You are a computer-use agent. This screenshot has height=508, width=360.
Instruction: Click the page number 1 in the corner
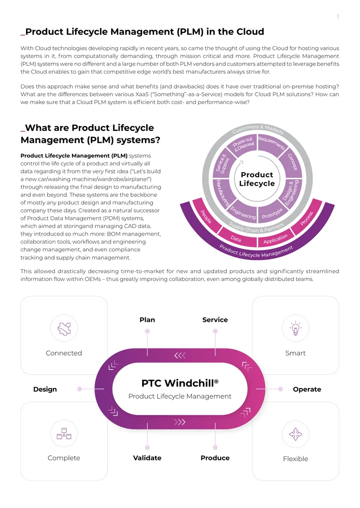pos(338,17)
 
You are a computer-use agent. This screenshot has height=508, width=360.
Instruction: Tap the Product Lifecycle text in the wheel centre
pos(257,179)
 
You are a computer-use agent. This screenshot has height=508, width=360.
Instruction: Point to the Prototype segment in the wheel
pos(272,213)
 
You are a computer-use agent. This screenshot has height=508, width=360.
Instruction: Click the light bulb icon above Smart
pos(296,328)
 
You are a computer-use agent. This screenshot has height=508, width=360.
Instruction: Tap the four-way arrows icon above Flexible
pos(296,434)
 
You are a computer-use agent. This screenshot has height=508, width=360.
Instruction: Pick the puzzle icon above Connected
pos(64,329)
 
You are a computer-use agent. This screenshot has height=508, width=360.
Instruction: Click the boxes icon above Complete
pos(64,433)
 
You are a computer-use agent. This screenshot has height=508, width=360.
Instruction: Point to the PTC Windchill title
pos(180,383)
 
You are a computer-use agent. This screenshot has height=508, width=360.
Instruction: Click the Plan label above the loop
pos(147,320)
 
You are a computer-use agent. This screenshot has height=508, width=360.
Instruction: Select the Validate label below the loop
pos(147,458)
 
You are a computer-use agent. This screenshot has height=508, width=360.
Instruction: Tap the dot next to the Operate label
pos(280,389)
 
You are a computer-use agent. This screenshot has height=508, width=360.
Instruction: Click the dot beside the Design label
pos(80,389)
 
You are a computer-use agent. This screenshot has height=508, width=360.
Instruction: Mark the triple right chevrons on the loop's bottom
pos(180,422)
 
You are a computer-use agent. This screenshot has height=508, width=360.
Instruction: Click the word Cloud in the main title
pos(250,31)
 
